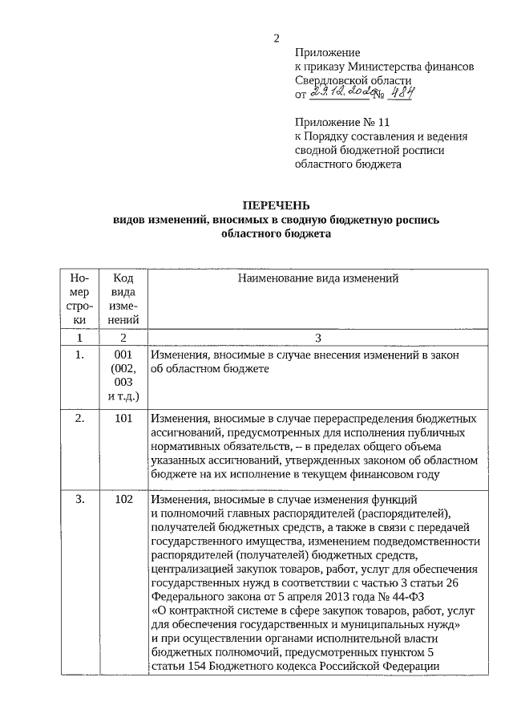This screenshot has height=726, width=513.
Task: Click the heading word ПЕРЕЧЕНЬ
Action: pyautogui.click(x=277, y=205)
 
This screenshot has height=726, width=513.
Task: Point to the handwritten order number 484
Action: pyautogui.click(x=404, y=94)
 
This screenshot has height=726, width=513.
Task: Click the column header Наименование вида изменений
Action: pyautogui.click(x=318, y=279)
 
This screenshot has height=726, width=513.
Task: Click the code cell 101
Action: pyautogui.click(x=123, y=418)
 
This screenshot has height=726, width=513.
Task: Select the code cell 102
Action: pyautogui.click(x=123, y=499)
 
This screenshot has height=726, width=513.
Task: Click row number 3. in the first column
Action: pyautogui.click(x=79, y=499)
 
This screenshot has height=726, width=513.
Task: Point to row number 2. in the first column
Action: pyautogui.click(x=79, y=418)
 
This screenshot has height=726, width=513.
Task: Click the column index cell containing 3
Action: pyautogui.click(x=318, y=337)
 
